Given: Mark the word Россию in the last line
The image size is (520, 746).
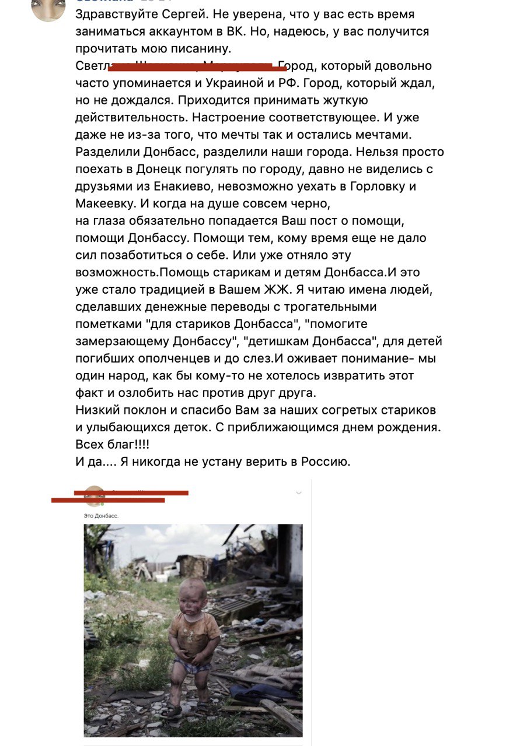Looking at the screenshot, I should (x=325, y=462).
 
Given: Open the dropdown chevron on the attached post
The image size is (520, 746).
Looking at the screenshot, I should (x=299, y=493).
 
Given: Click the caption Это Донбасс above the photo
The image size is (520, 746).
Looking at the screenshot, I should (x=102, y=516).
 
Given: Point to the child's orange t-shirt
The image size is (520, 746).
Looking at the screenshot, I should (x=194, y=630).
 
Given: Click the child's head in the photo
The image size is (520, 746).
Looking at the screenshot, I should (x=192, y=595).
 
